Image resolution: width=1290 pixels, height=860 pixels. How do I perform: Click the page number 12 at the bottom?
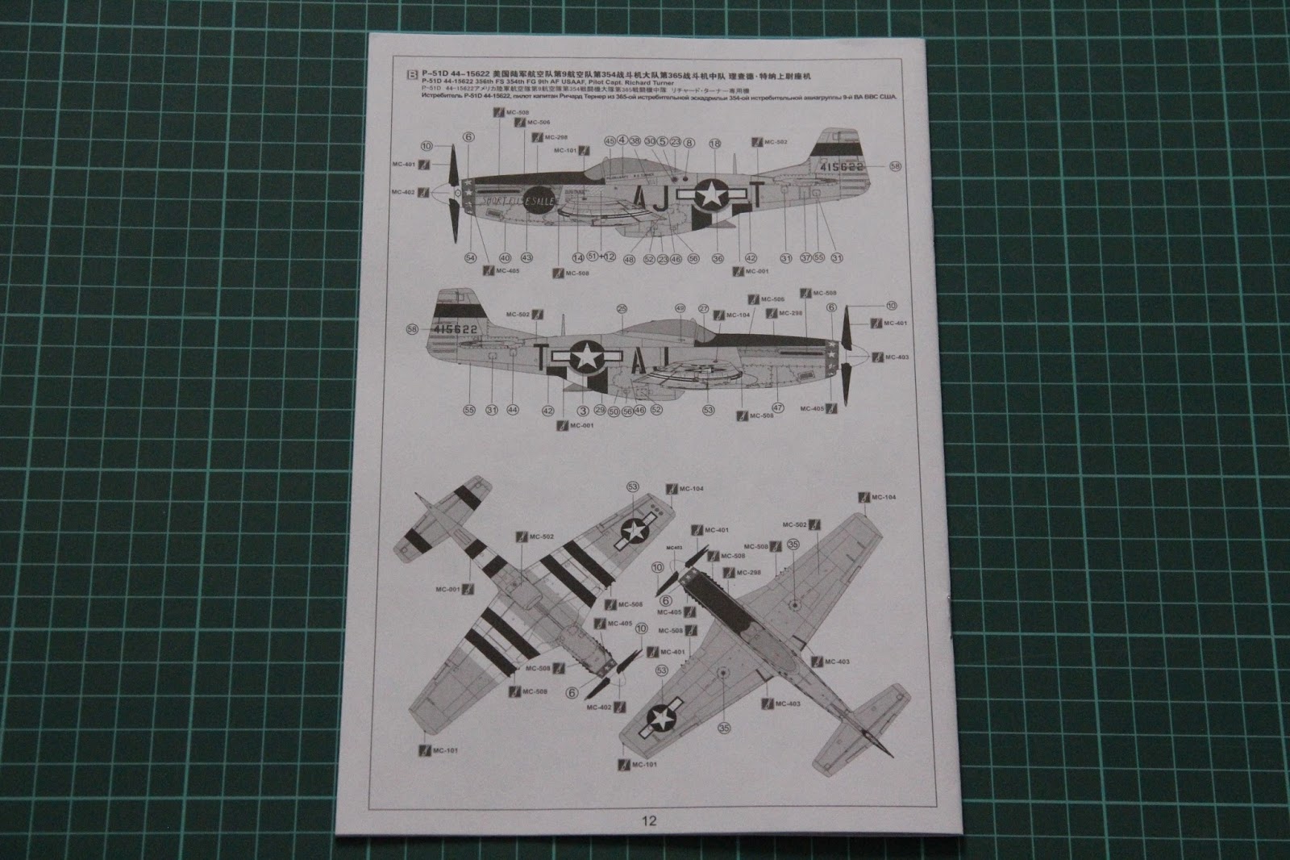click(650, 821)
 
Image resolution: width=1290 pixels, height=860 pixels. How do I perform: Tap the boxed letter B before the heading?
click(412, 76)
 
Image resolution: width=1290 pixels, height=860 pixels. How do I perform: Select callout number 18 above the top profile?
click(714, 143)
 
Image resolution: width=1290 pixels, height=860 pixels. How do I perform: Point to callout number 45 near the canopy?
click(610, 141)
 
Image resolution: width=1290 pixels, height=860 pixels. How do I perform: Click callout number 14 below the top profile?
click(577, 258)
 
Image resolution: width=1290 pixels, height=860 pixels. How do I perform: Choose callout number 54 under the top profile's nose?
click(470, 258)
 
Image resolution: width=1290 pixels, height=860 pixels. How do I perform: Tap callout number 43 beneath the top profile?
click(526, 258)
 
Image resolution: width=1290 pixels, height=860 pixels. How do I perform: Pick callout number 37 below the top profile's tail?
click(805, 258)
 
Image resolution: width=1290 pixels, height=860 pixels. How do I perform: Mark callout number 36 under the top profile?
click(718, 258)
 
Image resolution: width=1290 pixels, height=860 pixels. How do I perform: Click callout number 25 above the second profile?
click(622, 308)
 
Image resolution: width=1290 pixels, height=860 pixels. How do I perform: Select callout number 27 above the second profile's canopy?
click(703, 308)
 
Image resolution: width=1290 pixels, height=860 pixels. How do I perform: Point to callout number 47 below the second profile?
click(778, 408)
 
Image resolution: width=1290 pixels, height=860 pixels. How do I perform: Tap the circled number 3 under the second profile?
click(582, 410)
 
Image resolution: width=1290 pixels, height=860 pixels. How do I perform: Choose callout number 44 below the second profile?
click(513, 410)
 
